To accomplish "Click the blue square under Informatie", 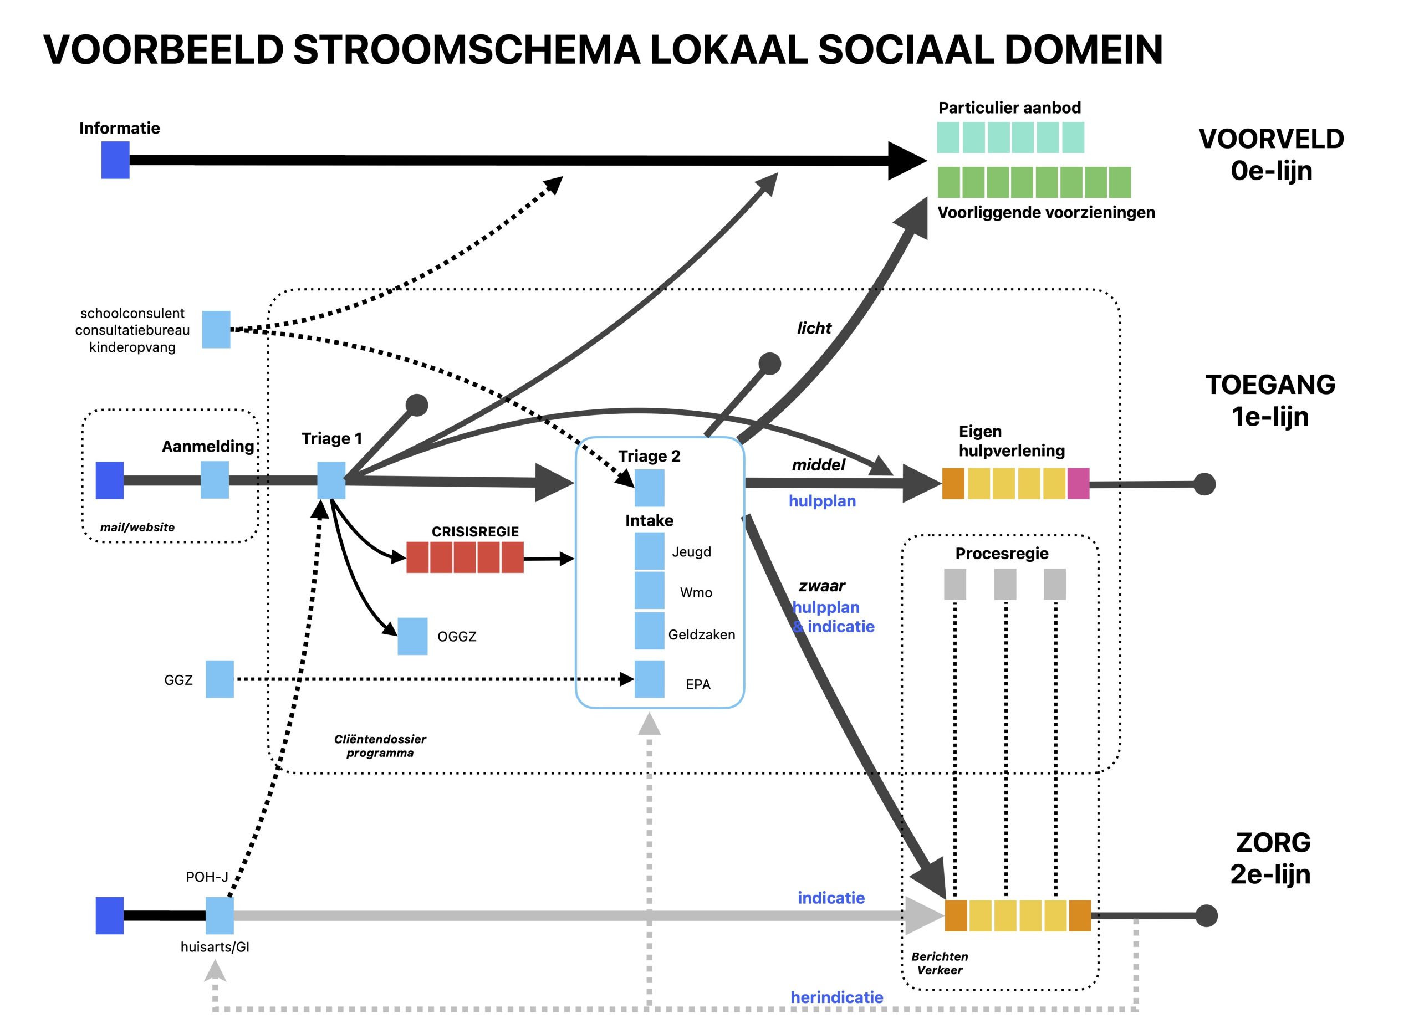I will [x=115, y=160].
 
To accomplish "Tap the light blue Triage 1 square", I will [x=331, y=480].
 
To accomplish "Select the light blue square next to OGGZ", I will [x=412, y=636].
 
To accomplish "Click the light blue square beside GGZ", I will [x=220, y=679].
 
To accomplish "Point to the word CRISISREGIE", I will [x=475, y=531].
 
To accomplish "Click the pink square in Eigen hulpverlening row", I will [x=1078, y=483].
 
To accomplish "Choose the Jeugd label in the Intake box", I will [x=691, y=551].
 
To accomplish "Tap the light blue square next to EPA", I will [x=649, y=679].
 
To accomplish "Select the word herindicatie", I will [x=836, y=997].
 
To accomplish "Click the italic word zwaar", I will [x=821, y=586].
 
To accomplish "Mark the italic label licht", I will [x=814, y=328].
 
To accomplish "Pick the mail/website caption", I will [x=137, y=527].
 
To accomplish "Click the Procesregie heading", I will [x=1002, y=554].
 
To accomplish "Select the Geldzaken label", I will [x=701, y=634].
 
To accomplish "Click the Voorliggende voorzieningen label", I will [x=1046, y=212].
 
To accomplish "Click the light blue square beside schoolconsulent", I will [x=216, y=329].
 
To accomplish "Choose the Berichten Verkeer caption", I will [x=939, y=963].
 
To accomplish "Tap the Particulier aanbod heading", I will [x=1009, y=108].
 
